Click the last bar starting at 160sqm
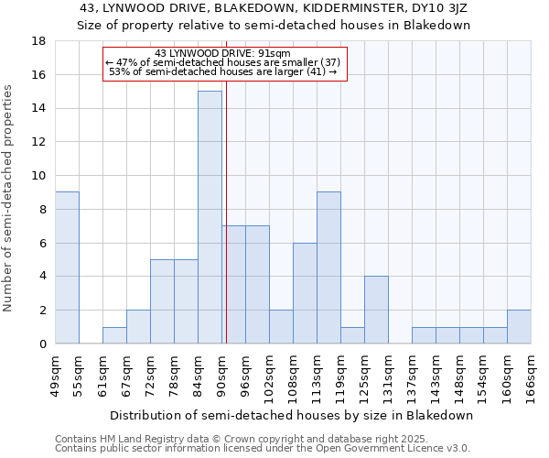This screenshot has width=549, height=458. [x=519, y=327]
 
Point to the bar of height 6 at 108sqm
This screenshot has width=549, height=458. [x=305, y=293]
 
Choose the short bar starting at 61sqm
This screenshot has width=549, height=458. [x=114, y=335]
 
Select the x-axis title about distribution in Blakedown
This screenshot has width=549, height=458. [x=292, y=415]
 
